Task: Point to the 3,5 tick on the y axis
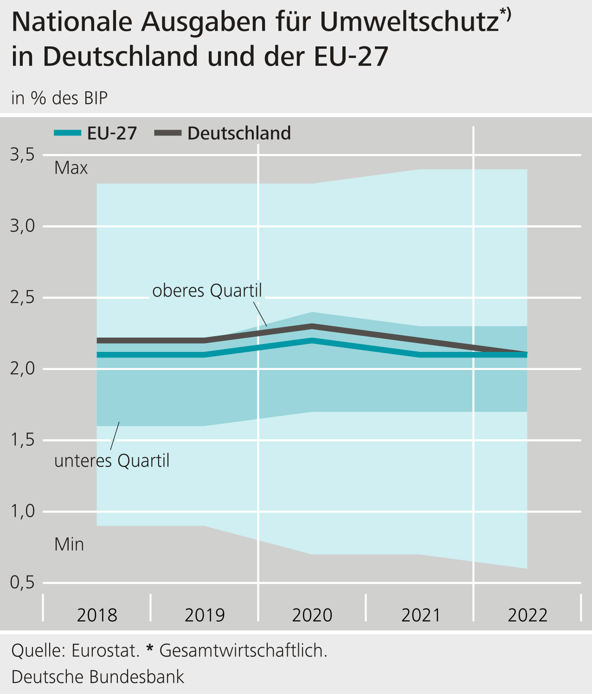click(23, 155)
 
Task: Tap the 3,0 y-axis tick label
click(23, 226)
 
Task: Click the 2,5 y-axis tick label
click(23, 298)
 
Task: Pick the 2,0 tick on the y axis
click(23, 369)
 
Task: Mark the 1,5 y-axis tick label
click(23, 440)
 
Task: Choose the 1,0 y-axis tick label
click(23, 512)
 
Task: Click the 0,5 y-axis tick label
click(23, 583)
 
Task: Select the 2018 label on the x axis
click(97, 616)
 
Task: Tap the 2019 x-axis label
click(205, 616)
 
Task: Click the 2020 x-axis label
click(312, 616)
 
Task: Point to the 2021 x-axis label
click(420, 616)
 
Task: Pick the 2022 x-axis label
click(528, 616)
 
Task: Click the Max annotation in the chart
click(71, 168)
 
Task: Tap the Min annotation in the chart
click(69, 545)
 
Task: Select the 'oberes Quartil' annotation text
click(207, 291)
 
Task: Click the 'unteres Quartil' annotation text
click(112, 461)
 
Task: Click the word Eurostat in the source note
click(105, 651)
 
